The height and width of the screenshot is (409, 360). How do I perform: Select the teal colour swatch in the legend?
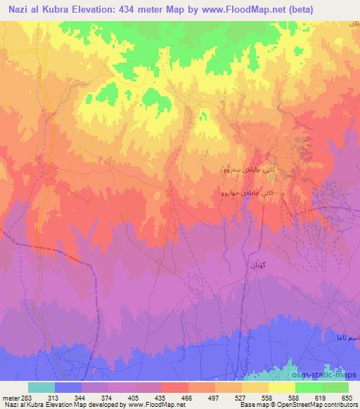pyautogui.click(x=41, y=387)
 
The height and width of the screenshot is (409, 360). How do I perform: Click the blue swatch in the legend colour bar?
pyautogui.click(x=68, y=387)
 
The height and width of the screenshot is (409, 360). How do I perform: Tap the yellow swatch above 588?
pyautogui.click(x=282, y=387)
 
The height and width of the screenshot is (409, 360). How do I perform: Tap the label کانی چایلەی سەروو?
pyautogui.click(x=241, y=169)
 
